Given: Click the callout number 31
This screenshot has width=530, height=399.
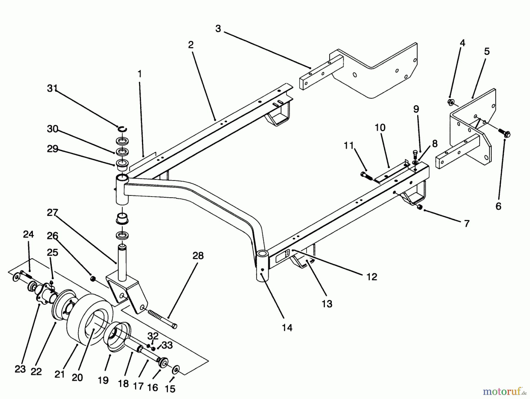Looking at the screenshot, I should tap(52, 88).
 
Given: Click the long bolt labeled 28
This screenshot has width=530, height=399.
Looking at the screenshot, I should tap(163, 318).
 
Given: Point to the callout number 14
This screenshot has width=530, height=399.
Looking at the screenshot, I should tap(287, 327).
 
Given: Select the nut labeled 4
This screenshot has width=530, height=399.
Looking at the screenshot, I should tap(450, 102).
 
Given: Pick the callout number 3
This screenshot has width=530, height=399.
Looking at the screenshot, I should tap(218, 29).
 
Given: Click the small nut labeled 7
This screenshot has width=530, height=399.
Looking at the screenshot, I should tap(420, 207).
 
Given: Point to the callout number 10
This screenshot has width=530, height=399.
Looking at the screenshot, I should tap(380, 128).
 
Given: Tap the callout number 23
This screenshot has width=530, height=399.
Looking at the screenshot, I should tap(20, 369).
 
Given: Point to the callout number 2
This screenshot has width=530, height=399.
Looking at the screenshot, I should tap(191, 45).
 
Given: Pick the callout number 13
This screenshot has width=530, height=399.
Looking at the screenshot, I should tap(327, 303).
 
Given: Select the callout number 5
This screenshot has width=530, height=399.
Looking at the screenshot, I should tap(487, 51).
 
